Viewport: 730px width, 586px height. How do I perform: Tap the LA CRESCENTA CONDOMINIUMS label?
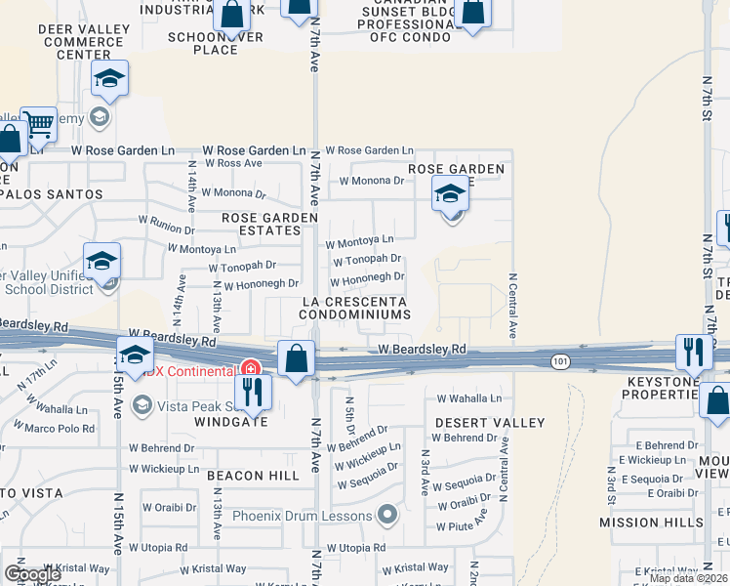(x=354, y=308)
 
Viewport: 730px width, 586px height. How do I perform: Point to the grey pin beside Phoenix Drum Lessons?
(x=387, y=514)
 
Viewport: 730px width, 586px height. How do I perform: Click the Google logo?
(x=32, y=574)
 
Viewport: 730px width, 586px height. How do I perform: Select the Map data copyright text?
(x=688, y=578)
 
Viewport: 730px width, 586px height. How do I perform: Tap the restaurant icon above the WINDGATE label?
(x=253, y=391)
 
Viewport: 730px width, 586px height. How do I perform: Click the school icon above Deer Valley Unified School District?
(x=101, y=262)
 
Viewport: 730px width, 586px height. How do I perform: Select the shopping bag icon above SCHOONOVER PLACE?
(x=232, y=15)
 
